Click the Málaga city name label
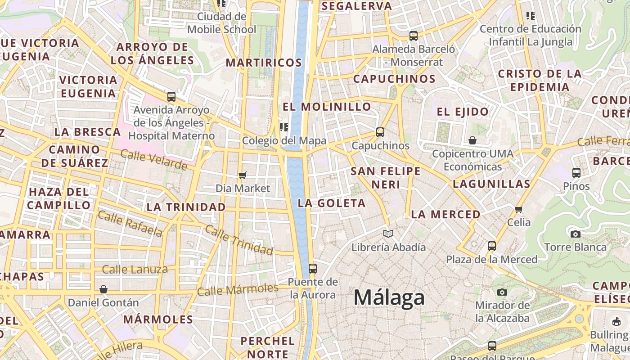click(389, 298)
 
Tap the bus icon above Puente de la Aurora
click(312, 269)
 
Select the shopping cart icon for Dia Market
click(243, 175)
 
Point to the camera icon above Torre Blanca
click(575, 234)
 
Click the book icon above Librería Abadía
click(388, 234)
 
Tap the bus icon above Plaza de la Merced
click(491, 246)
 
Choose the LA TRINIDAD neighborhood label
click(186, 207)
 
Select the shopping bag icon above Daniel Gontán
click(103, 289)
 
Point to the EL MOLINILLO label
click(327, 107)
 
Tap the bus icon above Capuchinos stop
click(380, 132)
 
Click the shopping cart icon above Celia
click(519, 209)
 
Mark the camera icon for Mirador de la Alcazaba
click(502, 292)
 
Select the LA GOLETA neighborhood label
click(332, 203)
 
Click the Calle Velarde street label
click(153, 160)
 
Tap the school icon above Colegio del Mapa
click(284, 127)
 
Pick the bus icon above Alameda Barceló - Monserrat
click(414, 36)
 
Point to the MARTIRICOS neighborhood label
click(264, 63)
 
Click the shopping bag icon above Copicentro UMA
click(472, 141)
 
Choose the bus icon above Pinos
click(576, 172)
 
